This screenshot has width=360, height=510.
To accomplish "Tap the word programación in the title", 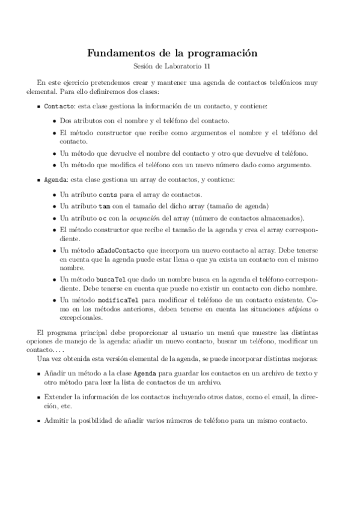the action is tap(222, 54).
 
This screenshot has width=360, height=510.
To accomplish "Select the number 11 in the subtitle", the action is tap(207, 66).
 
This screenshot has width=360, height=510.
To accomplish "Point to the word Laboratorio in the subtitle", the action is tap(183, 66).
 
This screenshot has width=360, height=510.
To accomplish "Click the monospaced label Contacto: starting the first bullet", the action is tap(60, 106).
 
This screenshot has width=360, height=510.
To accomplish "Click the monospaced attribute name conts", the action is tap(108, 195).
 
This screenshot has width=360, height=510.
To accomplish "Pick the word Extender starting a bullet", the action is tap(58, 397).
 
